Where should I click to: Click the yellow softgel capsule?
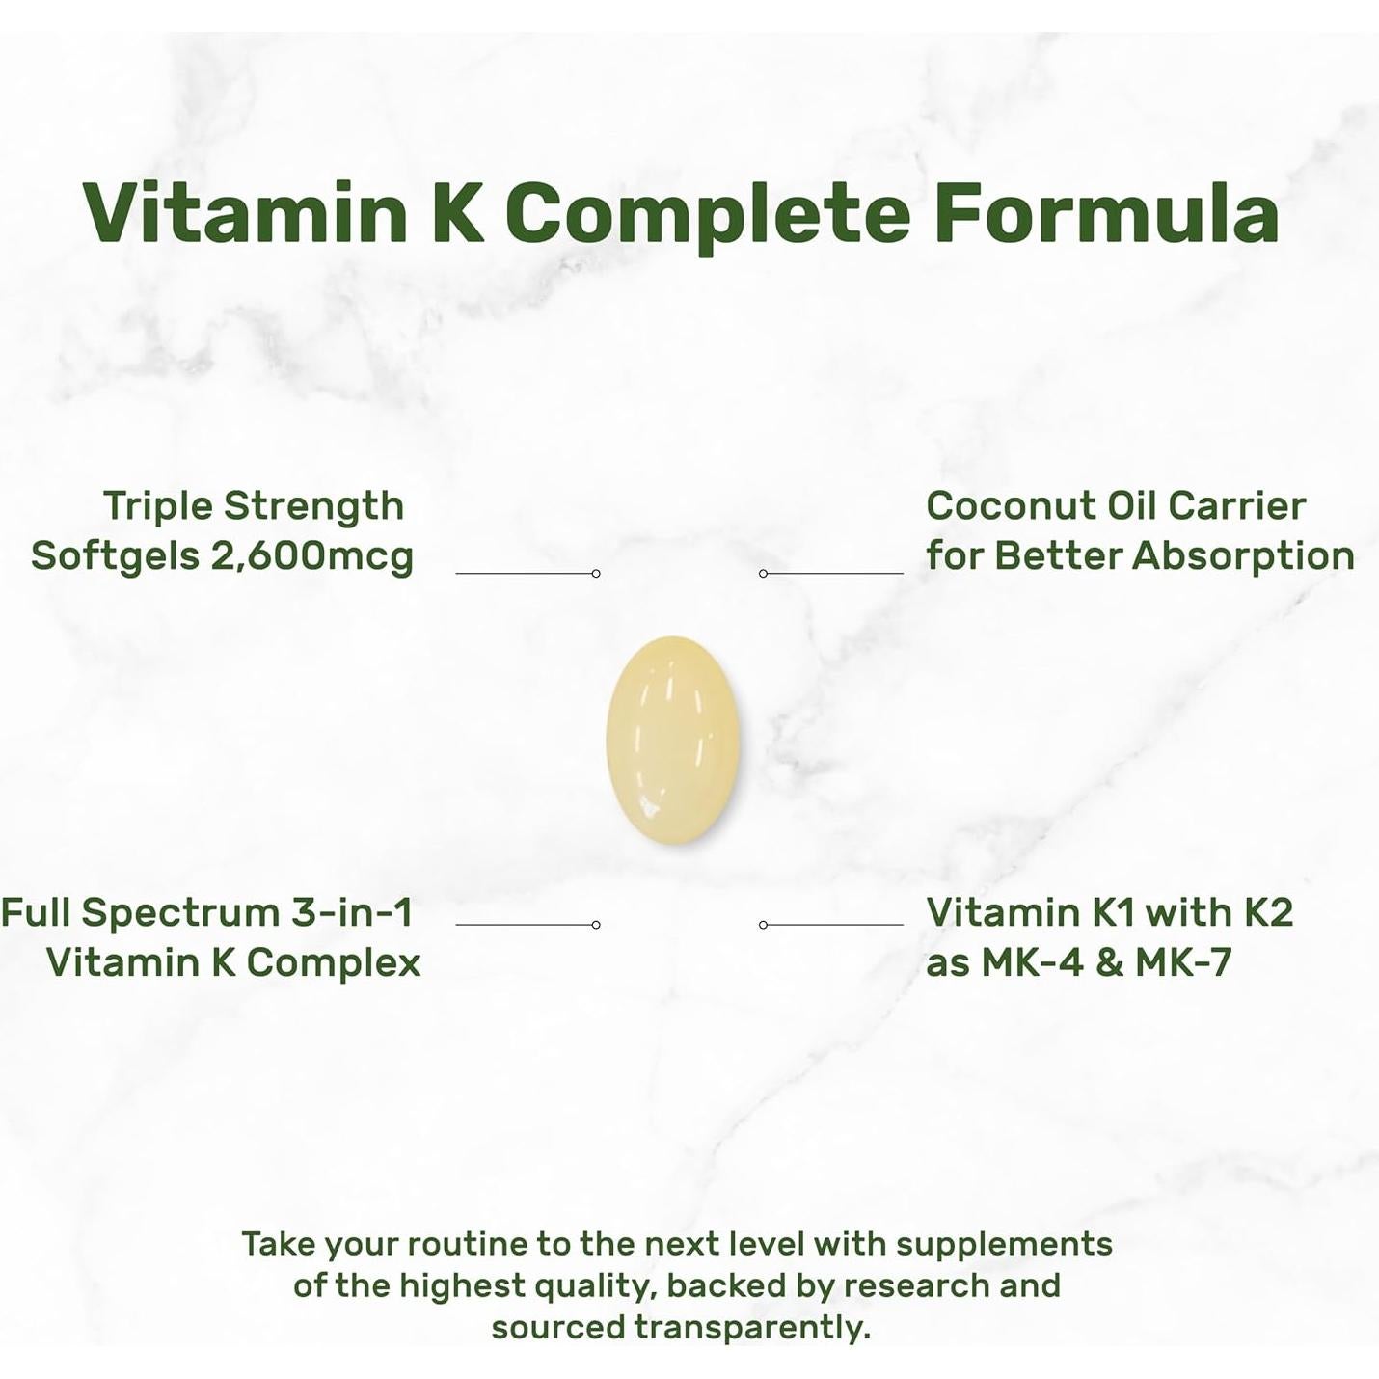point(673,740)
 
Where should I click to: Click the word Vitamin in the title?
point(245,213)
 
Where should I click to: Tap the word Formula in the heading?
point(1106,213)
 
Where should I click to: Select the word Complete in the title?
point(708,213)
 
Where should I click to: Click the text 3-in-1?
point(352,912)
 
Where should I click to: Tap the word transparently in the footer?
point(752,1328)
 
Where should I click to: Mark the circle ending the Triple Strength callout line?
point(596,574)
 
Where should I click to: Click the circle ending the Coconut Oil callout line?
point(763,574)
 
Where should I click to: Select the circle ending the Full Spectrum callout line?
point(596,925)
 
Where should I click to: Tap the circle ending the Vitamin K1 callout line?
point(763,925)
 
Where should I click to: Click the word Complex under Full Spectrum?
point(334,962)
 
